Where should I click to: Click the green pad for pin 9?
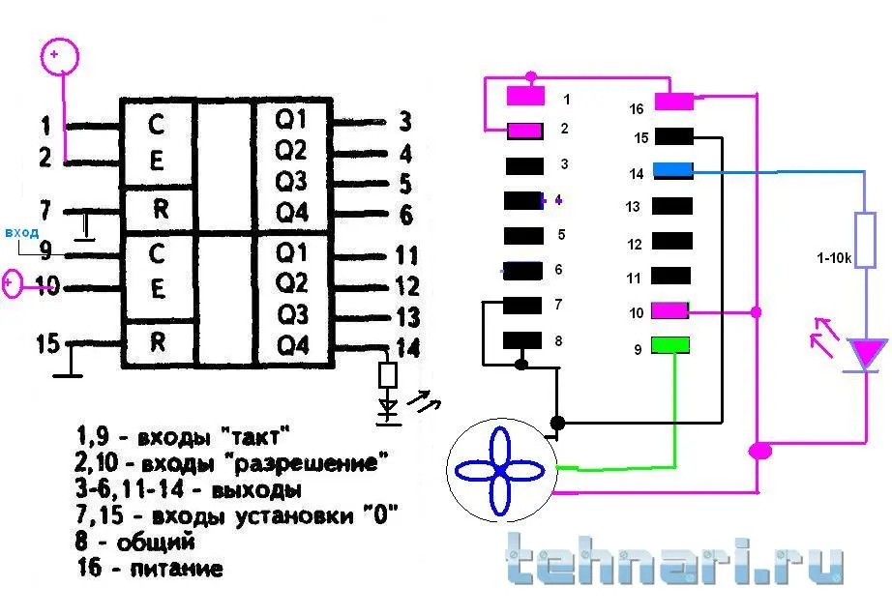point(670,344)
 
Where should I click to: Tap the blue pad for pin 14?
point(673,169)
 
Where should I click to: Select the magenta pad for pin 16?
point(674,102)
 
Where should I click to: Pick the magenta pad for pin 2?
point(524,132)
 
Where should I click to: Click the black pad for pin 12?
point(671,241)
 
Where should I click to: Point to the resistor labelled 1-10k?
point(865,240)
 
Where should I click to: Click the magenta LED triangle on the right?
point(867,354)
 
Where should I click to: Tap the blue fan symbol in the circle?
point(500,471)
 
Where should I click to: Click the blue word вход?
point(21,232)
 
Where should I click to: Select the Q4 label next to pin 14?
point(292,345)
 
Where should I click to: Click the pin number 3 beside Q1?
point(404,121)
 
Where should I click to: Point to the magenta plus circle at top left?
point(59,56)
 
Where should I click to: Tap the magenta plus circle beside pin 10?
point(12,284)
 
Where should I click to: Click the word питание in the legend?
point(176,569)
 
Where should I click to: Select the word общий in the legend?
point(156,542)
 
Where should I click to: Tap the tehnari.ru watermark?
point(675,559)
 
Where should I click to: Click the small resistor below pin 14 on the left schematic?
point(388,375)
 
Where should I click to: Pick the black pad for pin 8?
point(522,340)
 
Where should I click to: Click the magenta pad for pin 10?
point(669,310)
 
